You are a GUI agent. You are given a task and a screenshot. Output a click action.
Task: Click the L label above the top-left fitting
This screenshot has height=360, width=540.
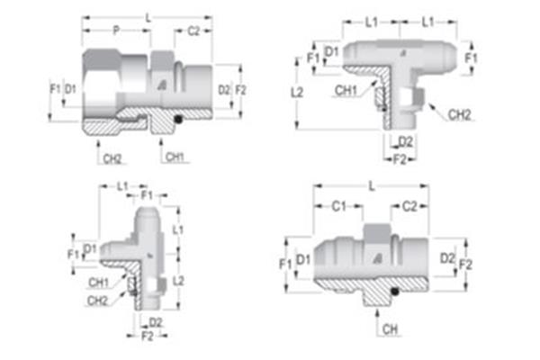coord(148,16)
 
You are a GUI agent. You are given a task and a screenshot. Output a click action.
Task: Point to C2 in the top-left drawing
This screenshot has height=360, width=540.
coord(193,31)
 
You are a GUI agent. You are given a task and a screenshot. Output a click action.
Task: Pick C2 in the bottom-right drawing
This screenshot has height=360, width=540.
coord(409,206)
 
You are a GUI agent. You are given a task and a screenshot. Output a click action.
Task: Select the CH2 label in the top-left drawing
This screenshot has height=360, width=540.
coord(112,158)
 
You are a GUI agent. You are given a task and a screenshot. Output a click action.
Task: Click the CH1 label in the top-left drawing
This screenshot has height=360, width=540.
coord(175,158)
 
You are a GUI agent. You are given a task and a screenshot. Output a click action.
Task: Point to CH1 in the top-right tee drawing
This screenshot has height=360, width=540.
coord(346,90)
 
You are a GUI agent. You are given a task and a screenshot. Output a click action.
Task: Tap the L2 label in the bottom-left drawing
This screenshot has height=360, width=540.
coord(178,282)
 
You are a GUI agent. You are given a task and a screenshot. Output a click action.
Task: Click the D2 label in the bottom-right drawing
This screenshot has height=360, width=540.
coord(447,258)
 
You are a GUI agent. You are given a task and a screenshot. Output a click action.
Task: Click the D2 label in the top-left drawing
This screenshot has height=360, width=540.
coord(223,89)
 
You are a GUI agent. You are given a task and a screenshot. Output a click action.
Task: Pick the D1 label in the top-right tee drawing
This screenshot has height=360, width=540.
coord(331,51)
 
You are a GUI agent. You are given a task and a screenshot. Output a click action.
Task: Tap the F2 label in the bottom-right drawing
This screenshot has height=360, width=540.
coord(466,265)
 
